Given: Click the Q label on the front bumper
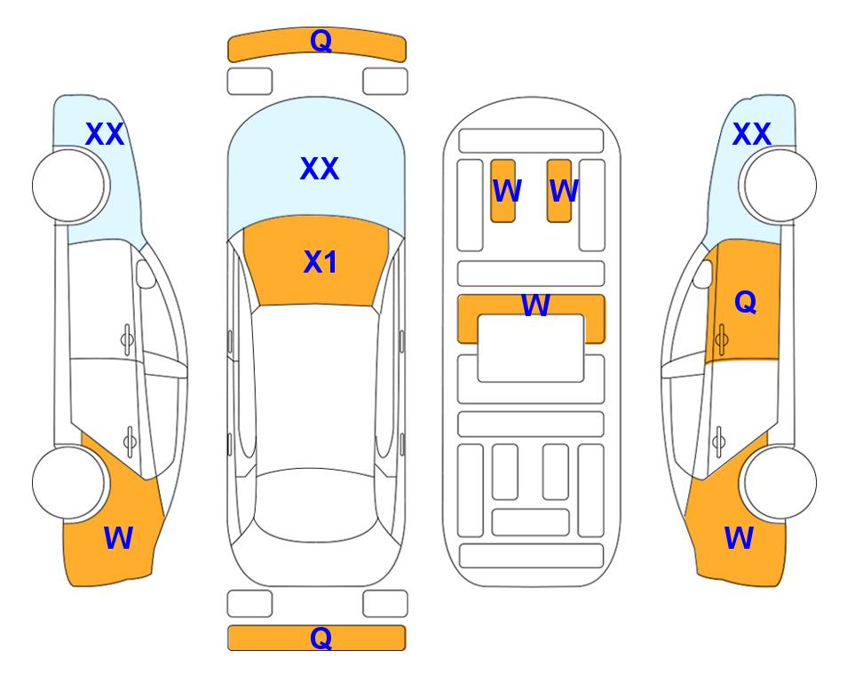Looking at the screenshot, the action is tap(321, 41).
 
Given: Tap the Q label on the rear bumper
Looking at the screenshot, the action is tap(321, 638).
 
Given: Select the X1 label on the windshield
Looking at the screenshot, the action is tap(321, 262).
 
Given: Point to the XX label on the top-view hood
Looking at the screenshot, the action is tap(320, 168).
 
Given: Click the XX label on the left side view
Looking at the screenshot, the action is tap(105, 134).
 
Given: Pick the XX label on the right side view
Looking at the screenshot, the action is tap(751, 134).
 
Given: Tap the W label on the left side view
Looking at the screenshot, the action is tap(118, 538).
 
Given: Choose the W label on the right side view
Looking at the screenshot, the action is tap(739, 538).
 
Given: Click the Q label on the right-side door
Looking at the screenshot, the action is tap(746, 302).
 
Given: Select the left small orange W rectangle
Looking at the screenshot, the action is tap(503, 191).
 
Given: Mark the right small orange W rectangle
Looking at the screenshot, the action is tap(559, 191).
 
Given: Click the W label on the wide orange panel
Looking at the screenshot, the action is tap(535, 305).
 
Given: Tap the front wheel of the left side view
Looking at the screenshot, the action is tap(69, 186).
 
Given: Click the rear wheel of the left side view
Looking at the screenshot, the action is tap(69, 482).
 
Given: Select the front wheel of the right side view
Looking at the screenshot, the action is tap(780, 186).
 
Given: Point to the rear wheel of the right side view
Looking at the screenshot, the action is tap(780, 482).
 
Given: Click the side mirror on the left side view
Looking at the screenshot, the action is tap(146, 274).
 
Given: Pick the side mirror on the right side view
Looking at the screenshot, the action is tap(703, 274).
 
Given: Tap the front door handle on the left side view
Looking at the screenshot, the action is tap(128, 339).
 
